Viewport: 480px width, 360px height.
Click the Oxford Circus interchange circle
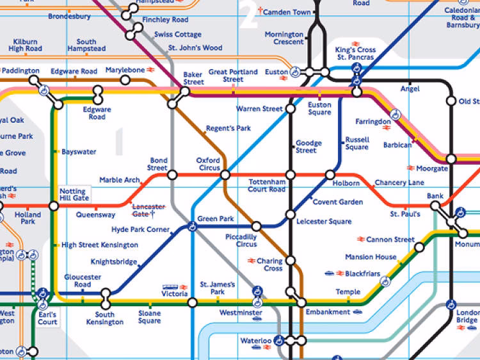pos(225,175)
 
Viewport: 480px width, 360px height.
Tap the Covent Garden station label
pos(337,202)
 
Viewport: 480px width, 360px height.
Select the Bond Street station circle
pos(172,175)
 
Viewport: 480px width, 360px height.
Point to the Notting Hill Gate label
pos(74,195)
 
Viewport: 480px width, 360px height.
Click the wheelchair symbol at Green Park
pos(192,225)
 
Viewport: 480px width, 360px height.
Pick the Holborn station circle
pos(330,175)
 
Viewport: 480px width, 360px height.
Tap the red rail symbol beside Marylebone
pos(152,70)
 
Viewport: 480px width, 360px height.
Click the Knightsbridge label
pos(114,261)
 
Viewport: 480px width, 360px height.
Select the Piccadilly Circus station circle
pos(257,226)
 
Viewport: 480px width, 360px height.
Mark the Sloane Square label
pos(150,318)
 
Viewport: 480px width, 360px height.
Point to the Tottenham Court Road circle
pos(291,175)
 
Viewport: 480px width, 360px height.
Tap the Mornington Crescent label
pos(284,38)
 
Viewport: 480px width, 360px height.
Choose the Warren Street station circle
pos(291,109)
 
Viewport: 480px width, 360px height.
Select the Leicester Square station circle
pos(291,215)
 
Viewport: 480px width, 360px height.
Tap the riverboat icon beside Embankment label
pos(358,312)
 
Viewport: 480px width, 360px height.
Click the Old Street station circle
pos(451,101)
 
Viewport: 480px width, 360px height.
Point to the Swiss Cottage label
pos(178,34)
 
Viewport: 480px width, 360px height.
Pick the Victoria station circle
pos(192,302)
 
